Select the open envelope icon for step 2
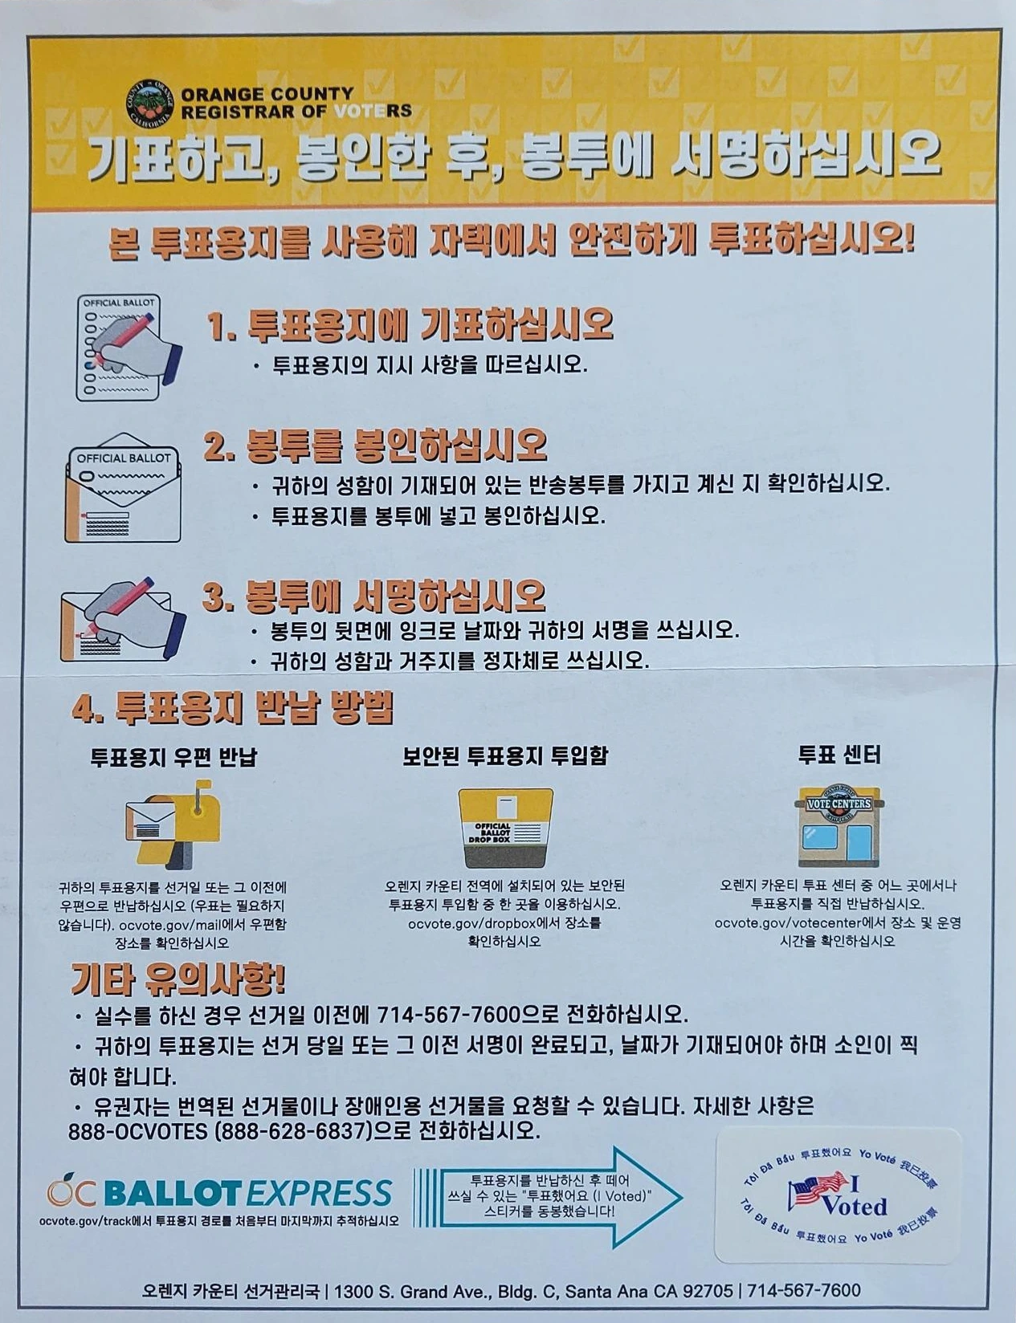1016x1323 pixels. tap(123, 487)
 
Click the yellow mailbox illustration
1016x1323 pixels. tap(173, 824)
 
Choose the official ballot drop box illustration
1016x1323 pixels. tap(505, 828)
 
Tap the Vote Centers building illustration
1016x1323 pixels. tap(839, 825)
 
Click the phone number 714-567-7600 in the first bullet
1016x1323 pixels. tap(448, 1015)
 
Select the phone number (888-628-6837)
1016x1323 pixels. tap(293, 1131)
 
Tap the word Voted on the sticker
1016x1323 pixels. tap(855, 1206)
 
